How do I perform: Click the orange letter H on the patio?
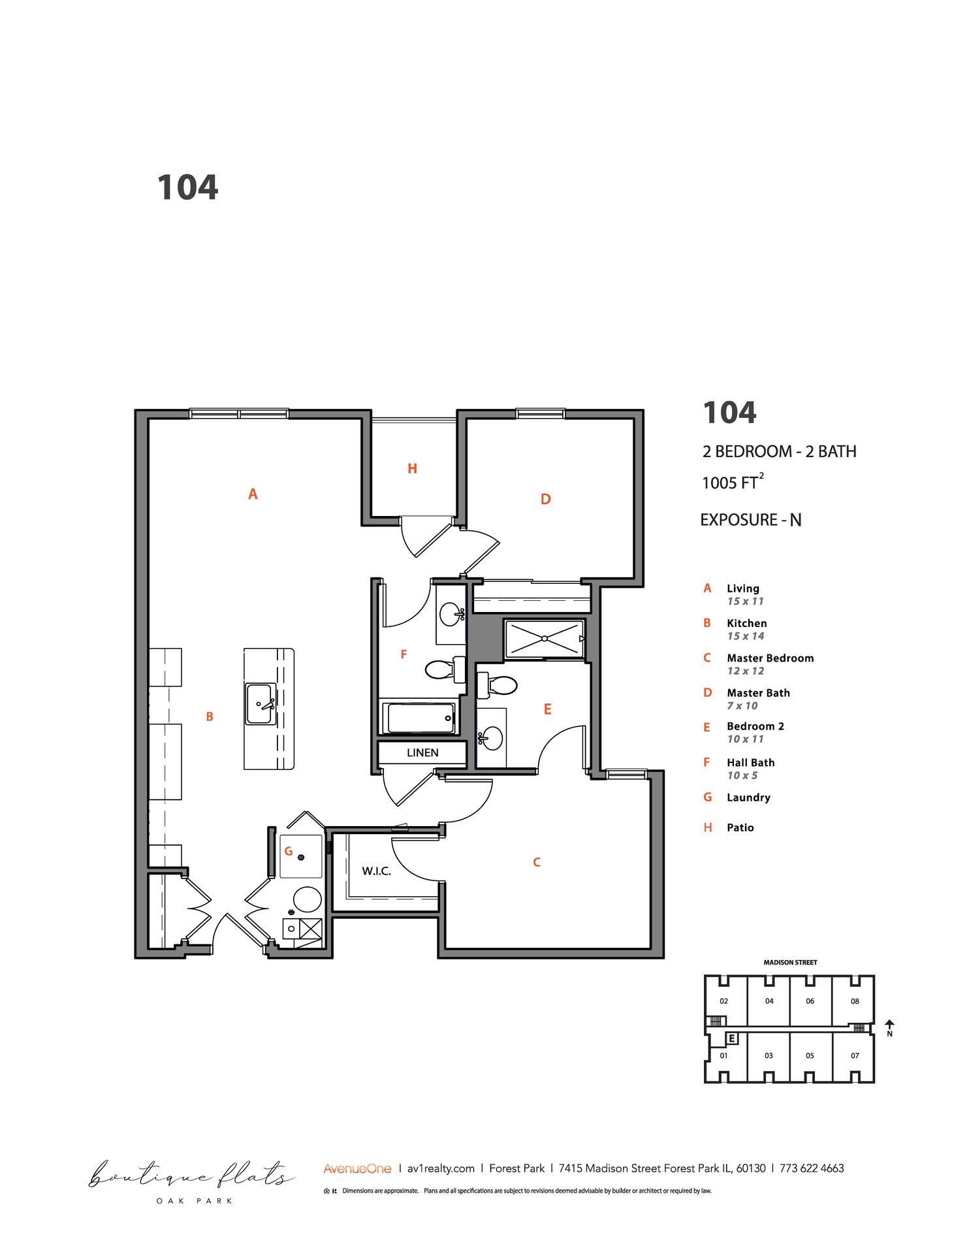[x=412, y=469]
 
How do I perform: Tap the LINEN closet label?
[x=422, y=753]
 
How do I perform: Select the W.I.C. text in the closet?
[x=376, y=871]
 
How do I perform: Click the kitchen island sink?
[x=259, y=704]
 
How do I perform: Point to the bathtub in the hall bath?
[x=421, y=718]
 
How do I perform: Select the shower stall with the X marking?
[x=544, y=639]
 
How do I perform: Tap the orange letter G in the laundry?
[x=288, y=852]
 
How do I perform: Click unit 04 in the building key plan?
[x=769, y=1001]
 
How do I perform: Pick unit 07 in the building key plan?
[x=855, y=1055]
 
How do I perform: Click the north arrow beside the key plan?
[x=889, y=1027]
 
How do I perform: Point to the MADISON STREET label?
[x=790, y=963]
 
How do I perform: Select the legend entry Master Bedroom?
[x=770, y=658]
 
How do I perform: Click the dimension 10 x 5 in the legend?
[x=742, y=776]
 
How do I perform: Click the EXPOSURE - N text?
[x=750, y=521]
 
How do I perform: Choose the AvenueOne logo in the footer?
[x=357, y=1168]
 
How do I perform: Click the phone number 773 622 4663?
[x=812, y=1168]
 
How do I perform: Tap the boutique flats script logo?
[x=191, y=1176]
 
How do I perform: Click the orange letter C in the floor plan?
[x=537, y=862]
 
